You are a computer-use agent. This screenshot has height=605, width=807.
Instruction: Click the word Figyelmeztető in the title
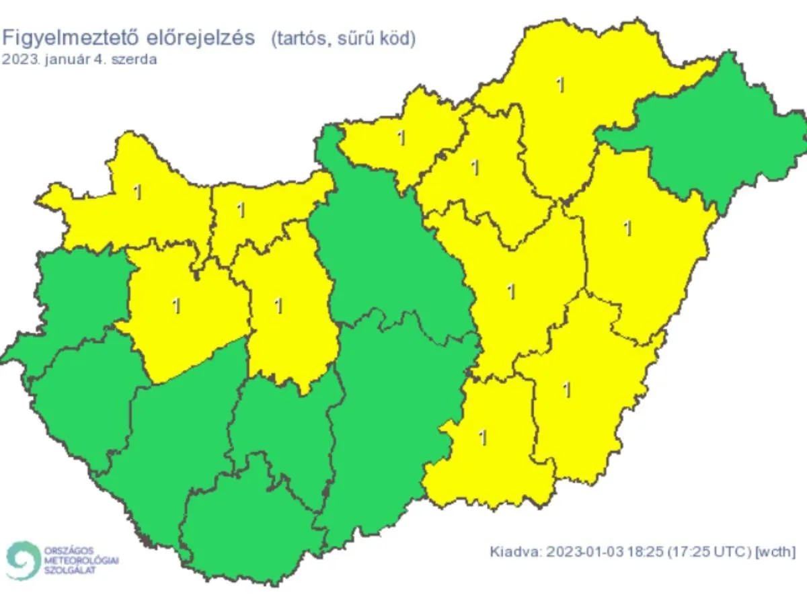coord(68,38)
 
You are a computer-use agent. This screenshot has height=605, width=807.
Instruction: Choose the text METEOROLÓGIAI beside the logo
coord(81,560)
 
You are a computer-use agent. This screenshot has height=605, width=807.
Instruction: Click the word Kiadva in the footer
coord(514,552)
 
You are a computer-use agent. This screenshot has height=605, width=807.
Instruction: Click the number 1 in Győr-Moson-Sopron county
coord(138,192)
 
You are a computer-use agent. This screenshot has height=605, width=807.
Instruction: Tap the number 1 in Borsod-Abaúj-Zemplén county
coord(560,85)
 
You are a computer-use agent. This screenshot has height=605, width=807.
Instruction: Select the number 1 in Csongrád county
coord(482,438)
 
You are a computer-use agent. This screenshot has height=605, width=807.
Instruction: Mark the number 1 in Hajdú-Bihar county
coord(628,229)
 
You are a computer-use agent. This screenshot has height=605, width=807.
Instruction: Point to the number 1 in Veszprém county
coord(176,306)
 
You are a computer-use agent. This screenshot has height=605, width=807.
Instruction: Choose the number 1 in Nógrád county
coord(401,138)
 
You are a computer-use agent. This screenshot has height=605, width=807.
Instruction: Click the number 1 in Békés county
coord(567,389)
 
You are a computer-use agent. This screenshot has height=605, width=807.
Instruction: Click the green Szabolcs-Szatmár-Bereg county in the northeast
coord(706,141)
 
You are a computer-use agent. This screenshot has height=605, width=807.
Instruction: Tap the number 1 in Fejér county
coord(278,306)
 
